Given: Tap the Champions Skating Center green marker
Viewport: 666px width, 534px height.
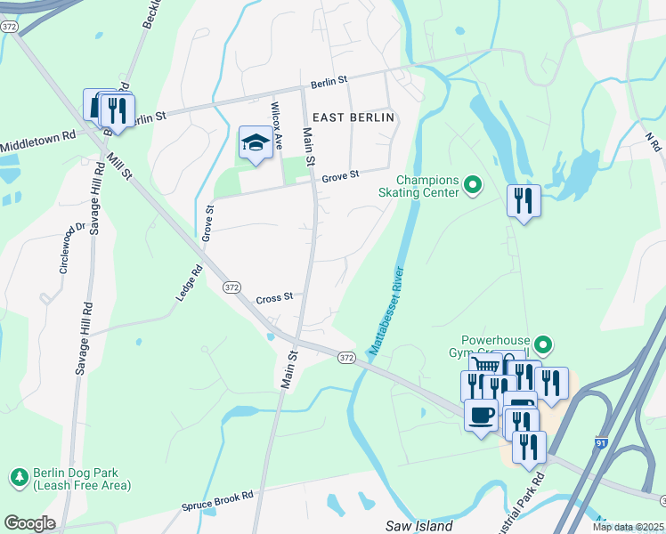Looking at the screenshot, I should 473,186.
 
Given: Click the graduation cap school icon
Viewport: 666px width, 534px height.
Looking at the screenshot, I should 256,143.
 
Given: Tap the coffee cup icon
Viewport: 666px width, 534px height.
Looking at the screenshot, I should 482,415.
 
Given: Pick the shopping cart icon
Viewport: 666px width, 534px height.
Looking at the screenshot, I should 484,366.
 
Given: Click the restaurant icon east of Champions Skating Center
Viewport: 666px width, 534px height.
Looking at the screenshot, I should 524,200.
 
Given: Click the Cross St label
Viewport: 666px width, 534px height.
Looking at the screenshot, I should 274,299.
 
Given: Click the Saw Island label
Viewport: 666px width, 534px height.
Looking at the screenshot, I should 420,526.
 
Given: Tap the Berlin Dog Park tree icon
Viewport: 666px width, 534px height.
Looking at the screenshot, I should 19,479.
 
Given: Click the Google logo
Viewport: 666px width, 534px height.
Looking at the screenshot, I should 29,523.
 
